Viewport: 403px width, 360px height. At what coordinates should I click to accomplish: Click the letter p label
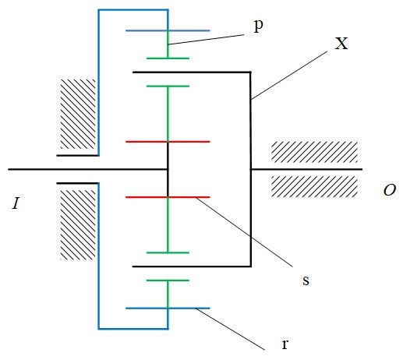[x=258, y=26]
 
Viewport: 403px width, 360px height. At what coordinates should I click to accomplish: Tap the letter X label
[x=341, y=44]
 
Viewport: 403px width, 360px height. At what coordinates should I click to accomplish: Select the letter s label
[x=306, y=281]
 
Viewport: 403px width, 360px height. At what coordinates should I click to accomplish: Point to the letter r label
[x=285, y=344]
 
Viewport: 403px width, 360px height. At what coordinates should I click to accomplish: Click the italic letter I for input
[x=16, y=203]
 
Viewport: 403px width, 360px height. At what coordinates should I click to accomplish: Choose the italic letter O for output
[x=390, y=190]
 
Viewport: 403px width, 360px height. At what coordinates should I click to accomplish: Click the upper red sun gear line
[x=168, y=142]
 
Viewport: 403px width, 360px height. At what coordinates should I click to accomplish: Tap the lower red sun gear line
[x=168, y=197]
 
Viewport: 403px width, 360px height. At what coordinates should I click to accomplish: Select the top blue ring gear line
[x=168, y=30]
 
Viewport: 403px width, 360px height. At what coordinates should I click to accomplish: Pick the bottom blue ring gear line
[x=168, y=309]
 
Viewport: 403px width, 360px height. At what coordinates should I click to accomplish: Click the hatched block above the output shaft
[x=314, y=152]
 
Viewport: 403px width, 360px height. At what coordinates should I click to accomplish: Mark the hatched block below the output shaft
[x=314, y=186]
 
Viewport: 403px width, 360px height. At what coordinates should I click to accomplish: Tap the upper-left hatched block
[x=78, y=114]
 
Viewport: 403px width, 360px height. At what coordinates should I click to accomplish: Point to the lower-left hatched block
[x=78, y=225]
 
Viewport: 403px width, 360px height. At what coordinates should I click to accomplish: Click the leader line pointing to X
[x=289, y=76]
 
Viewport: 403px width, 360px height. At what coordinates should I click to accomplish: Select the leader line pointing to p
[x=206, y=40]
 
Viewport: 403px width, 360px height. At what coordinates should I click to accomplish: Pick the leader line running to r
[x=230, y=329]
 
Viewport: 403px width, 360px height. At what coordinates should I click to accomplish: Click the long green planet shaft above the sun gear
[x=168, y=114]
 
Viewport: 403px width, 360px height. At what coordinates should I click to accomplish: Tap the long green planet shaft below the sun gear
[x=168, y=225]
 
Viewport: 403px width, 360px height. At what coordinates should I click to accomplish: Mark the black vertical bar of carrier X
[x=251, y=169]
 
